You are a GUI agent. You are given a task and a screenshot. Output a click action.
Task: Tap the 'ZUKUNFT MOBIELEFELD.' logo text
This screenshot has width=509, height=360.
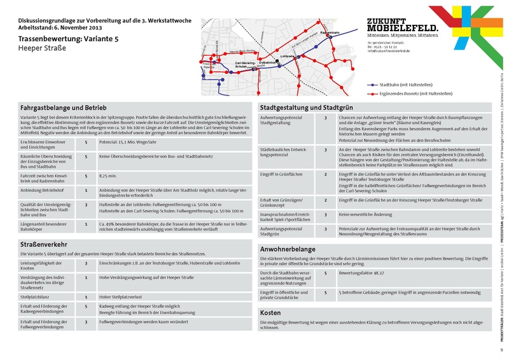click(x=402, y=25)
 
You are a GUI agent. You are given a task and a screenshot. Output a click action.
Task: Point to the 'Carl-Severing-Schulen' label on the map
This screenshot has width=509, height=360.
click(x=245, y=65)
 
